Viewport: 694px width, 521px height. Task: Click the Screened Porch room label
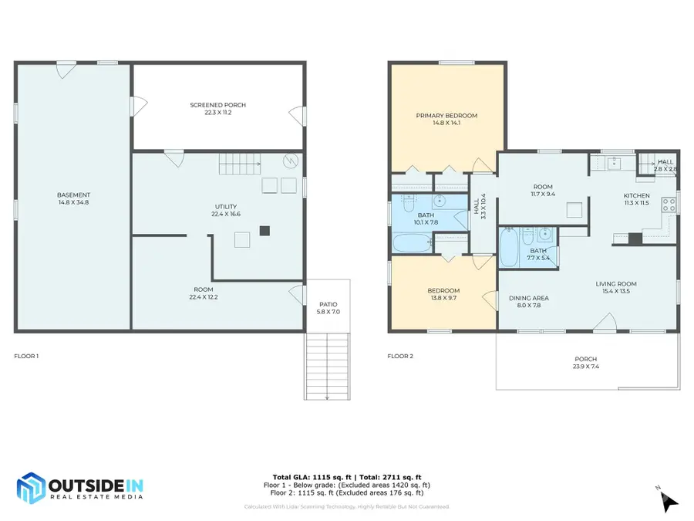point(217,109)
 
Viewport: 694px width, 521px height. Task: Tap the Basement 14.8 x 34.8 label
point(73,198)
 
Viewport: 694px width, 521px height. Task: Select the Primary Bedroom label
point(446,119)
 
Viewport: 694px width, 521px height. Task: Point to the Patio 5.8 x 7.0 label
point(328,308)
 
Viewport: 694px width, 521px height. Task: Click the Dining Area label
point(529,302)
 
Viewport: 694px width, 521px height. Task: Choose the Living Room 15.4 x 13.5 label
point(616,288)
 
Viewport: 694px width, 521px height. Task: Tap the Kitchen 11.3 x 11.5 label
point(636,199)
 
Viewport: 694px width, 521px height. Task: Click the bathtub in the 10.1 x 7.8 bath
point(413,243)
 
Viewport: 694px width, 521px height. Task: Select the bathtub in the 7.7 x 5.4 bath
point(509,248)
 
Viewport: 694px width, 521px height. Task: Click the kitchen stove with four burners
point(669,205)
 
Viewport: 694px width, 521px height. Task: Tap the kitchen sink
point(614,163)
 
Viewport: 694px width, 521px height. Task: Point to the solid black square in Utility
point(264,230)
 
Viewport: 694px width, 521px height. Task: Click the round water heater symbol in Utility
point(291,161)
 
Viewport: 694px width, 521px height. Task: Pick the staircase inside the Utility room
point(240,164)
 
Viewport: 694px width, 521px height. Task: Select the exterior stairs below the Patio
point(327,367)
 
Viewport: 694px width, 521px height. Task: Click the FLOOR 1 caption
point(26,356)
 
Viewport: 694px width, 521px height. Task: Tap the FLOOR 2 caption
point(400,356)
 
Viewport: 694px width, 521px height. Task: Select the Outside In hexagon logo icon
point(31,489)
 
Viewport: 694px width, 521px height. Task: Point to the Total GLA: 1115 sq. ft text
point(312,477)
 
